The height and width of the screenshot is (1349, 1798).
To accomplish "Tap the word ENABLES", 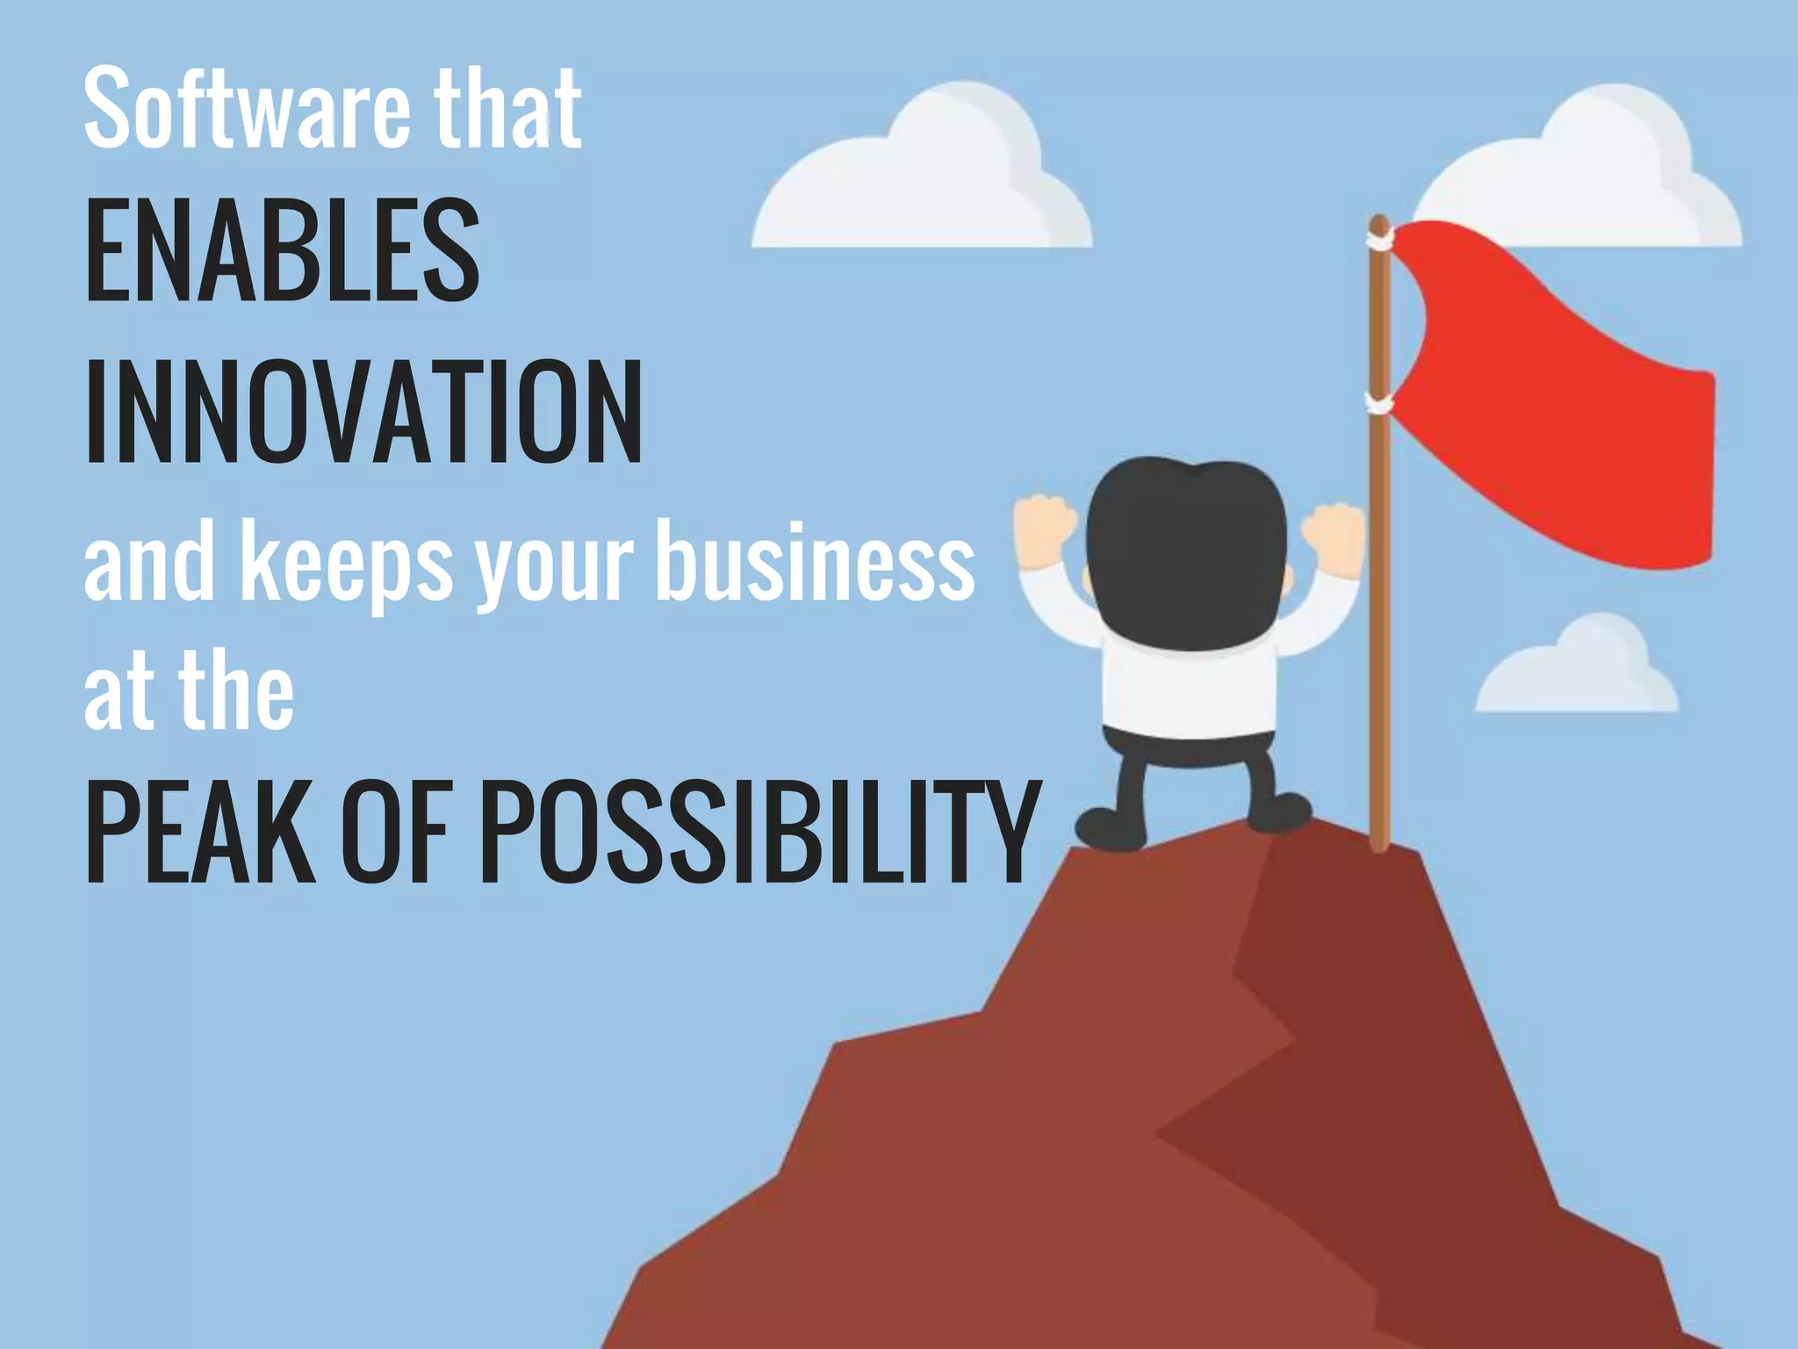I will click(283, 250).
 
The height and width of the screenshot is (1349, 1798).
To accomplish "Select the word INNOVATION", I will click(363, 412).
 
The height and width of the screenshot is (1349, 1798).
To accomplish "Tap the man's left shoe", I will click(1110, 826).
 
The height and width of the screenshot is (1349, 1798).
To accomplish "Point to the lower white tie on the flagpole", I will click(1379, 403).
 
